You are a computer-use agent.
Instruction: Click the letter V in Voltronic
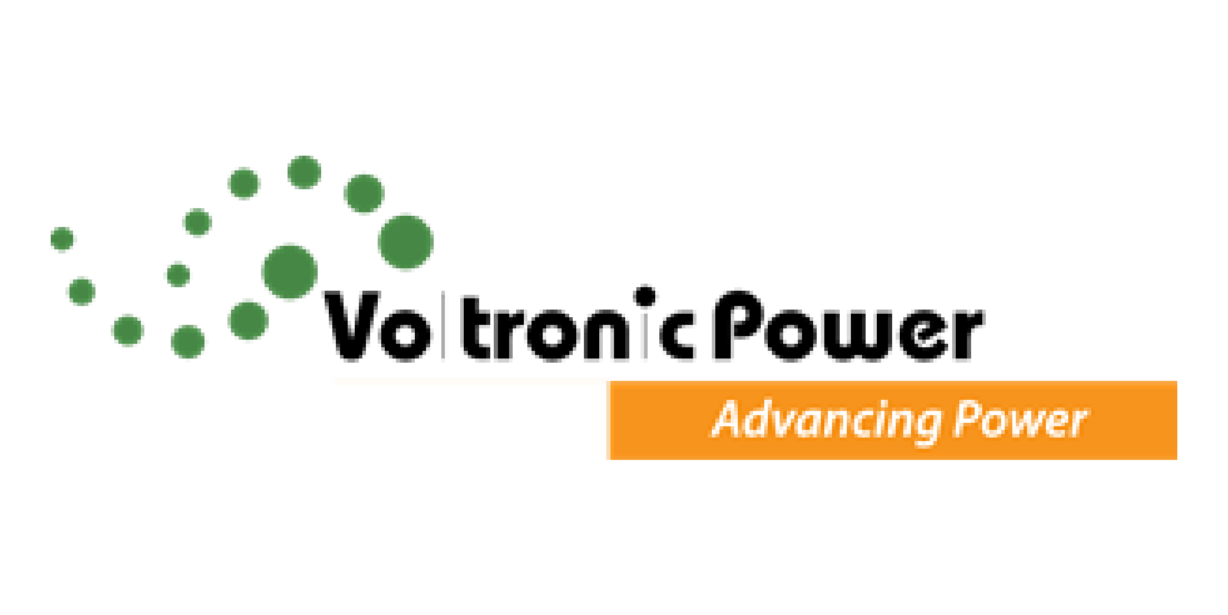(x=354, y=327)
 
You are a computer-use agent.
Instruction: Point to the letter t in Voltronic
(x=474, y=330)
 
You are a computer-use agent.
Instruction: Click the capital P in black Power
(x=737, y=324)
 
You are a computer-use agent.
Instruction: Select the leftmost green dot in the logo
(x=62, y=240)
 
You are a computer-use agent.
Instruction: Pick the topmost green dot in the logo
(x=304, y=172)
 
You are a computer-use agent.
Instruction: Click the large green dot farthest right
(x=405, y=242)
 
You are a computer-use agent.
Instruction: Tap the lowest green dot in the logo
(x=189, y=342)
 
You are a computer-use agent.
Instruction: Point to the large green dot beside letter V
(x=290, y=272)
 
